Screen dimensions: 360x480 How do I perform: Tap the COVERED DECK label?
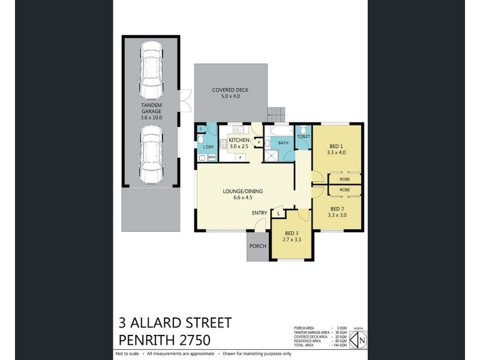coord(230,90)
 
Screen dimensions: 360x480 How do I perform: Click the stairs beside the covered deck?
coord(276,113)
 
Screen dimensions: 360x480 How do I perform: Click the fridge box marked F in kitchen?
coord(240,157)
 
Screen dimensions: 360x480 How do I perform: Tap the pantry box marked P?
coord(258,142)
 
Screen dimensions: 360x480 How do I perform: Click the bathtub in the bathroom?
coord(281,131)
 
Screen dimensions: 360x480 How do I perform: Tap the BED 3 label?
coord(291,233)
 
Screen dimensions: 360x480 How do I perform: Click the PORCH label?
coord(258,246)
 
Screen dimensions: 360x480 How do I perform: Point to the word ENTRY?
coord(259,212)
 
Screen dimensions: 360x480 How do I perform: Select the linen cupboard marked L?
coord(279,213)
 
